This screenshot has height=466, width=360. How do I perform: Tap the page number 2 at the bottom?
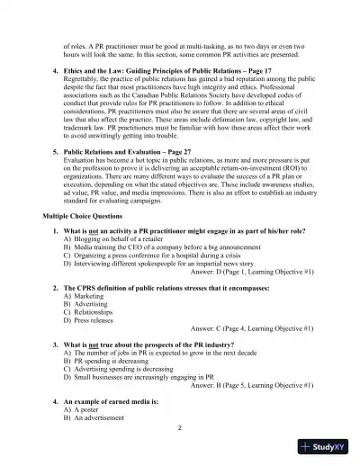[180, 427]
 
